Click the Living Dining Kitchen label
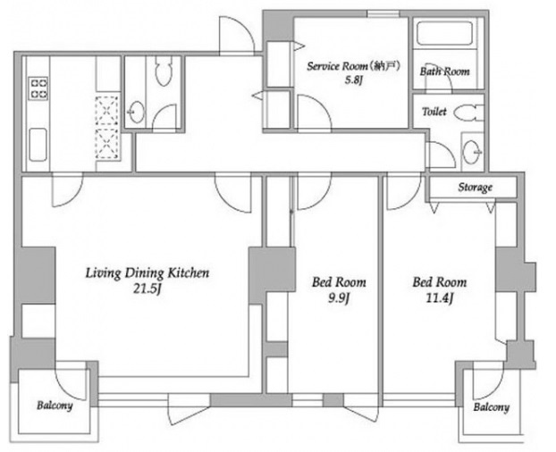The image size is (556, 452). (147, 273)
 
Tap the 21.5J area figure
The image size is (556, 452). (147, 289)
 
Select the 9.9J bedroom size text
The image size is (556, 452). (339, 299)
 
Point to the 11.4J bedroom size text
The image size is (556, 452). (440, 299)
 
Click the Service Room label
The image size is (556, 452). (353, 66)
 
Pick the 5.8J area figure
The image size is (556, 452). (353, 80)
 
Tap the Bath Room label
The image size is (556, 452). (444, 71)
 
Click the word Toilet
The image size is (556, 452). (434, 112)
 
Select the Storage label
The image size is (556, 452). (476, 187)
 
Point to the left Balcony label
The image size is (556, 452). (55, 406)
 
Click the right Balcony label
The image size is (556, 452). (491, 407)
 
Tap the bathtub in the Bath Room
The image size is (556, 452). (444, 33)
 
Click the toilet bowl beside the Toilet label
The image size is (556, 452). (468, 113)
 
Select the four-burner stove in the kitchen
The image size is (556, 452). (38, 88)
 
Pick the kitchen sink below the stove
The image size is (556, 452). (38, 145)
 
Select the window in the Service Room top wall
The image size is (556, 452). (383, 13)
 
